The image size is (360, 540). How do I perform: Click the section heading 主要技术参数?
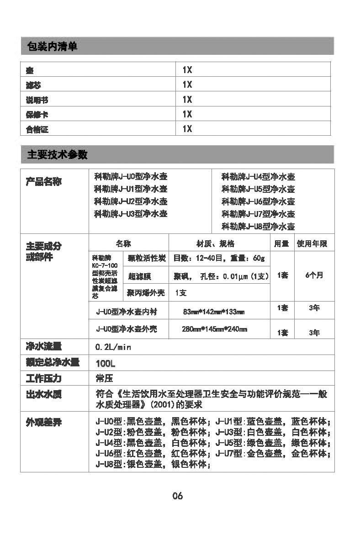coord(57,155)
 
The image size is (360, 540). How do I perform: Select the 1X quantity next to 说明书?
coord(187,100)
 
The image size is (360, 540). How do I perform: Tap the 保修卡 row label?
coord(37,115)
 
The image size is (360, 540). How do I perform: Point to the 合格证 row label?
coord(37,130)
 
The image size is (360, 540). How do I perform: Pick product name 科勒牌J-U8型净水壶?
coord(258,226)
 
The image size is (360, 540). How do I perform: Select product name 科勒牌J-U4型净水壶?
coord(258,177)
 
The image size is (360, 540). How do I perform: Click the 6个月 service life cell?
coord(314,275)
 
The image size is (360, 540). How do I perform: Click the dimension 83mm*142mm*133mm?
coord(213,312)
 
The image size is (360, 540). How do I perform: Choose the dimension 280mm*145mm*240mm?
coord(214,329)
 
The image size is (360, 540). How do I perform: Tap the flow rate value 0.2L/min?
coord(113,347)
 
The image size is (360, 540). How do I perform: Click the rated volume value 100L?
coord(106,363)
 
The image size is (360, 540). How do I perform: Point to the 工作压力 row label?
coord(43,379)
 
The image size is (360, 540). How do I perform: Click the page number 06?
coord(178,496)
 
